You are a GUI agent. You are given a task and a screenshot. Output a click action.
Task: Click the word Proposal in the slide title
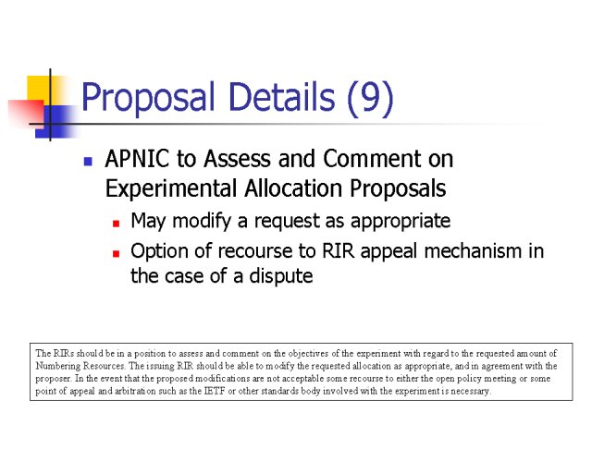point(148,97)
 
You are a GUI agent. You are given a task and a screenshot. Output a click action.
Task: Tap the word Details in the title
point(281,96)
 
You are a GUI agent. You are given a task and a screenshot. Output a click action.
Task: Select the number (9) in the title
point(370,98)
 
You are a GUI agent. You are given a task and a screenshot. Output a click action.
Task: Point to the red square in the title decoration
point(26,113)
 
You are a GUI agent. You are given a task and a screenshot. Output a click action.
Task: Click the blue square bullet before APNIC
point(88,162)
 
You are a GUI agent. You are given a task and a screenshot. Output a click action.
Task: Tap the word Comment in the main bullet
point(372,158)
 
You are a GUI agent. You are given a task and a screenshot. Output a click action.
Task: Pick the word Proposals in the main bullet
point(398,188)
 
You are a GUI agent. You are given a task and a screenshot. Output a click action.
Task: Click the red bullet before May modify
point(117,224)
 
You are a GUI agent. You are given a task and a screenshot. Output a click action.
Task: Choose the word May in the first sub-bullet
point(148,222)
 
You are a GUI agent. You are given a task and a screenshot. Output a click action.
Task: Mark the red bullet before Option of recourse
point(117,253)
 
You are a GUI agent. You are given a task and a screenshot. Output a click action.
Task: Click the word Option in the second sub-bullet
point(160,251)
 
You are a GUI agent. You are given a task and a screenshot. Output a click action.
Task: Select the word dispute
point(281,276)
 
